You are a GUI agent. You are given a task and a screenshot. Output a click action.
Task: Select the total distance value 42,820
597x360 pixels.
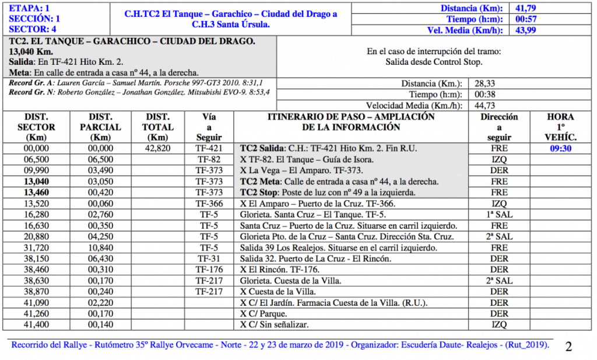click(158, 149)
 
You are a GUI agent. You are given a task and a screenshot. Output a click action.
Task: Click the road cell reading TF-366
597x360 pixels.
click(209, 204)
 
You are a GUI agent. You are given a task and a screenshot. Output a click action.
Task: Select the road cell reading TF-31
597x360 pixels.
click(209, 259)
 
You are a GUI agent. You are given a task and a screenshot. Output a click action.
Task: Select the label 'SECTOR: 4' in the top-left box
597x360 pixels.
click(33, 29)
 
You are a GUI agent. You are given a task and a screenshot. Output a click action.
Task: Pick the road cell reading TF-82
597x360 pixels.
click(209, 160)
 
